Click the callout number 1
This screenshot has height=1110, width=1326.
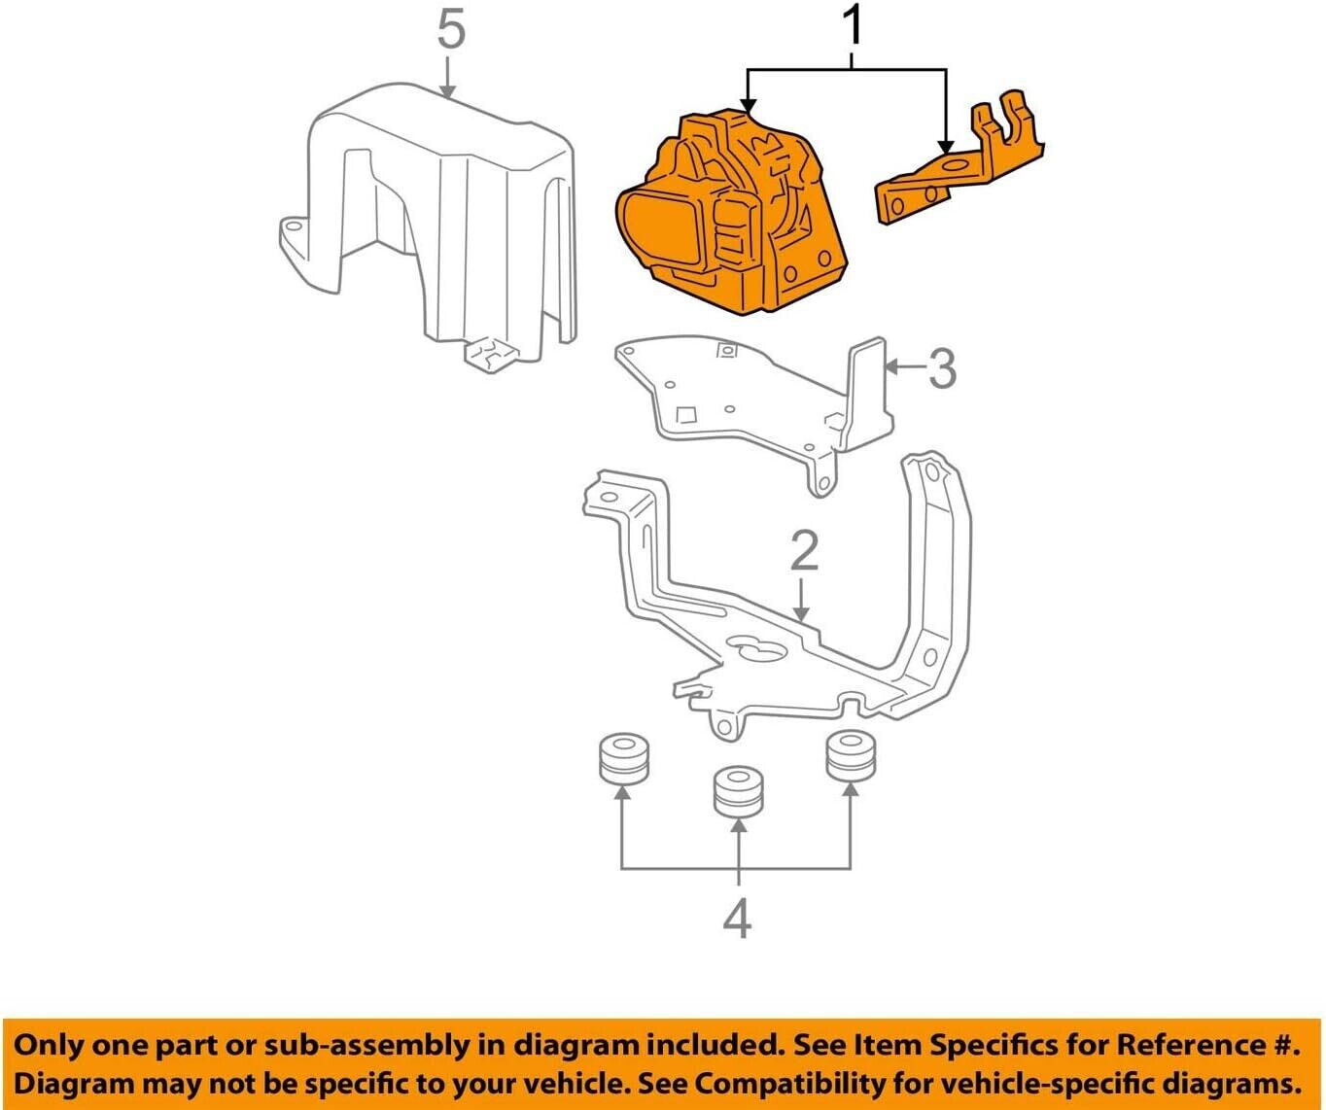click(x=852, y=27)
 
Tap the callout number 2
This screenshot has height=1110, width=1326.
click(x=804, y=551)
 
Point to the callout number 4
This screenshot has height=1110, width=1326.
click(x=738, y=919)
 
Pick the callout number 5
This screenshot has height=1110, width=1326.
click(x=450, y=30)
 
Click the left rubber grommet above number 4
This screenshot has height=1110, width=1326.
click(x=622, y=759)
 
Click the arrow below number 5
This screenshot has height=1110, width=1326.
click(x=447, y=78)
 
